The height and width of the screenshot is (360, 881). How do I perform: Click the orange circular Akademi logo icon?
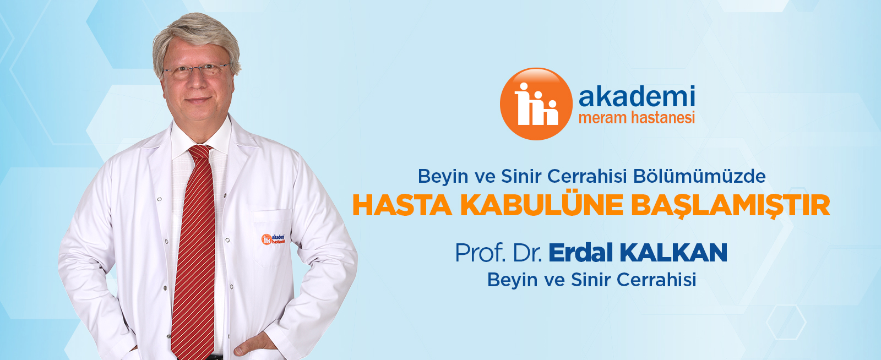click(x=536, y=103)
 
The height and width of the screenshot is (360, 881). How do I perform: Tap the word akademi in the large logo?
click(x=637, y=96)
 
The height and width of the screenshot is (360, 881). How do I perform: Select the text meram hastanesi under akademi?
click(x=637, y=118)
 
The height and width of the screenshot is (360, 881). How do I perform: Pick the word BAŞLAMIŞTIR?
click(x=731, y=206)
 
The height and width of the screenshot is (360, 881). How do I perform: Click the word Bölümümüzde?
click(x=699, y=177)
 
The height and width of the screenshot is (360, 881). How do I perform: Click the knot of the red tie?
click(x=200, y=151)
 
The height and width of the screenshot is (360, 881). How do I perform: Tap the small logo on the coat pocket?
click(x=273, y=238)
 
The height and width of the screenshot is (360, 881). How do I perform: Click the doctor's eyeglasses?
click(x=196, y=71)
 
